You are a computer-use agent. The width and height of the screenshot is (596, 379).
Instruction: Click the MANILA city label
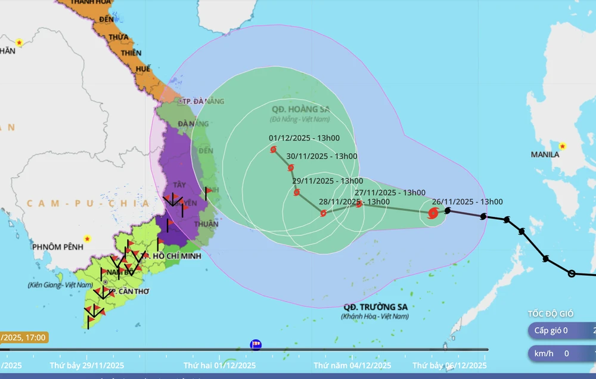(x=545, y=154)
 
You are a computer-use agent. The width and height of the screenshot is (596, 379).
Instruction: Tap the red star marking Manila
(x=563, y=146)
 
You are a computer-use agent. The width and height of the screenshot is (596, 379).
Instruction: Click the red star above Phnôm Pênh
(x=88, y=238)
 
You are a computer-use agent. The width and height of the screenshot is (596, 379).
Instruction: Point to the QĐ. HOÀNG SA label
(x=300, y=109)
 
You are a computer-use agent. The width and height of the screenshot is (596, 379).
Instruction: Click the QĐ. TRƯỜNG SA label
(x=375, y=307)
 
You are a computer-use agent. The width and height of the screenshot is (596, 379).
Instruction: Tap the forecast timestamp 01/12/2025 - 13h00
(x=304, y=138)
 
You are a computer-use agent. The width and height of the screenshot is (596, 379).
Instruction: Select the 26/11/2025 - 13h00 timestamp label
(x=467, y=202)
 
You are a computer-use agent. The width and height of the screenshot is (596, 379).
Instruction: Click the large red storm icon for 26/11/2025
(x=433, y=213)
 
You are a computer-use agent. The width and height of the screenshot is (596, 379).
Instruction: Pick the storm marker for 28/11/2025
(x=323, y=213)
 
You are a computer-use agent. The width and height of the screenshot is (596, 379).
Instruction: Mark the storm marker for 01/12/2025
(x=274, y=150)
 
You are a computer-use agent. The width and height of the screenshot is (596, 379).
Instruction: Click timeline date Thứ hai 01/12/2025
(x=219, y=365)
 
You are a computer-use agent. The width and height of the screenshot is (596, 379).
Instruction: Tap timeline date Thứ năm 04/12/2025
(x=353, y=365)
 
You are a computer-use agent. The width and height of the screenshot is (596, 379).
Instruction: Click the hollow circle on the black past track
(x=572, y=274)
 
